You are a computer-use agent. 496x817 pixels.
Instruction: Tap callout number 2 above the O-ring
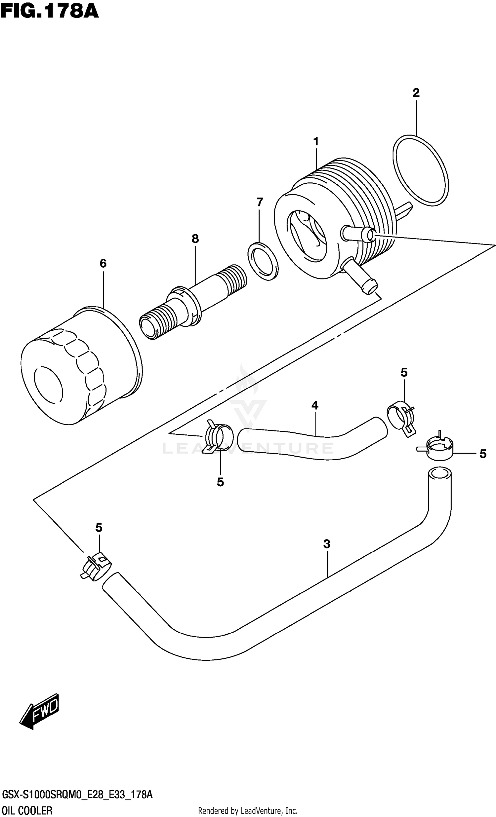(x=416, y=93)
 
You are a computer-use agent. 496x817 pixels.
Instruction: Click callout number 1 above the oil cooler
(x=316, y=142)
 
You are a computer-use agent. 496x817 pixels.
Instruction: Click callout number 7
(x=260, y=202)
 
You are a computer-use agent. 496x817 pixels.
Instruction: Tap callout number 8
(x=195, y=239)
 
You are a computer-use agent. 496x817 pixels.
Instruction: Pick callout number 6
(x=103, y=264)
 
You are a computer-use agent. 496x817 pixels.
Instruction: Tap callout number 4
(x=314, y=405)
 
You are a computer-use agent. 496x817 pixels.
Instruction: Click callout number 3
(x=327, y=544)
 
